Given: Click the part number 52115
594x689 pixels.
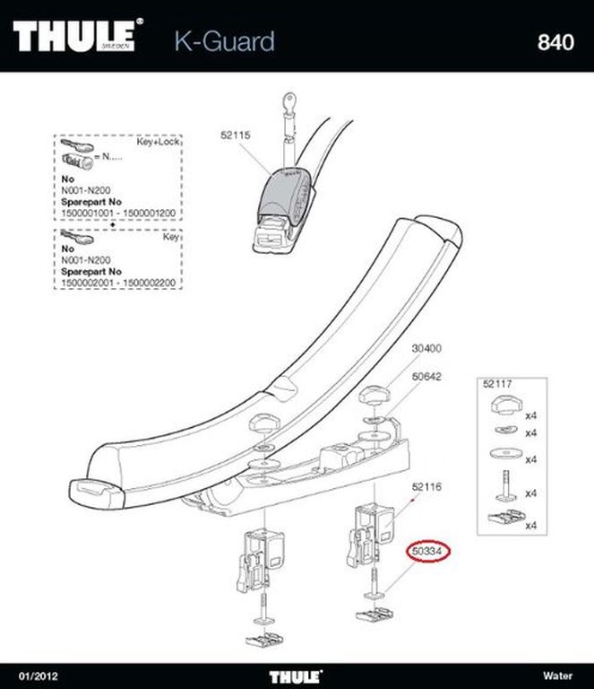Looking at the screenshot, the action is [x=235, y=135].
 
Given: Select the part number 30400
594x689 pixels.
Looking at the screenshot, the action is [x=426, y=348].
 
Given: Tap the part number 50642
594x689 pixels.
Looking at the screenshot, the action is [x=426, y=377].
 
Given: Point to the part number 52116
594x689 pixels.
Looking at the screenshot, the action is [x=426, y=487].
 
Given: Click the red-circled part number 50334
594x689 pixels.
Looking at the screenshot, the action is [x=427, y=551].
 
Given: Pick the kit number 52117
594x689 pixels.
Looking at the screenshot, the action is [x=497, y=384].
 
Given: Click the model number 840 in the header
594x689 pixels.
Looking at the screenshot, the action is [x=555, y=42].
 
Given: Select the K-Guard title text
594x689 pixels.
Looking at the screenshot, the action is [x=225, y=42].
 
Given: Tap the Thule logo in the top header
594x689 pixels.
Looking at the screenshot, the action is [x=78, y=35].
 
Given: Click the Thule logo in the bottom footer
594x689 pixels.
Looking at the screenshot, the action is [x=296, y=676].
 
